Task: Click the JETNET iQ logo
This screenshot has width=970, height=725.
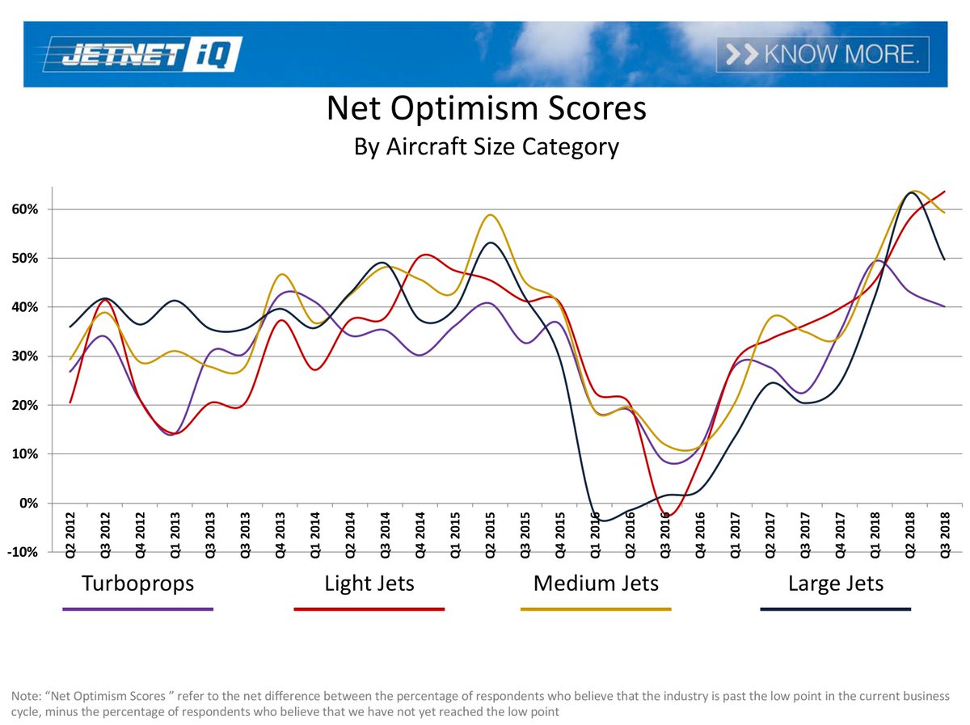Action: click(141, 54)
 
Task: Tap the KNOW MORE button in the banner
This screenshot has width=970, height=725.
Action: click(822, 54)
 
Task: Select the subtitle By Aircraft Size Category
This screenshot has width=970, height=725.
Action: click(486, 147)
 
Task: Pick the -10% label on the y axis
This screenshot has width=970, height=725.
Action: click(29, 553)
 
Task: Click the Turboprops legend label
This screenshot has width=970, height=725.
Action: click(137, 583)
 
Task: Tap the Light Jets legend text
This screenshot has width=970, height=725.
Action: click(369, 583)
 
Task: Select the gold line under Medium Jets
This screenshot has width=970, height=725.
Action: click(596, 609)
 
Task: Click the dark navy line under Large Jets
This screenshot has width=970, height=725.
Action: click(835, 609)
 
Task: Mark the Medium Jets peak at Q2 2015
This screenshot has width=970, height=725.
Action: click(490, 215)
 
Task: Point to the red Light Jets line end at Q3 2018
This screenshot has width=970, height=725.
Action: click(944, 192)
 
